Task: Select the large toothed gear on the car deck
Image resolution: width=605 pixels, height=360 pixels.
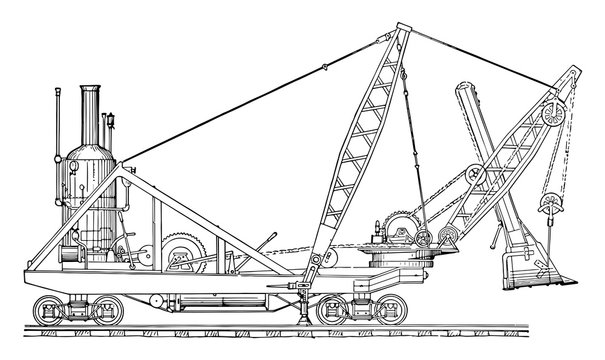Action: coord(182,250)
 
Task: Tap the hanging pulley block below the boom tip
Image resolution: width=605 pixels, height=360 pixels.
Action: coord(549,209)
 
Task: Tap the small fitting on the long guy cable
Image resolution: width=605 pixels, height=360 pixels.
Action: coord(324,67)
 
